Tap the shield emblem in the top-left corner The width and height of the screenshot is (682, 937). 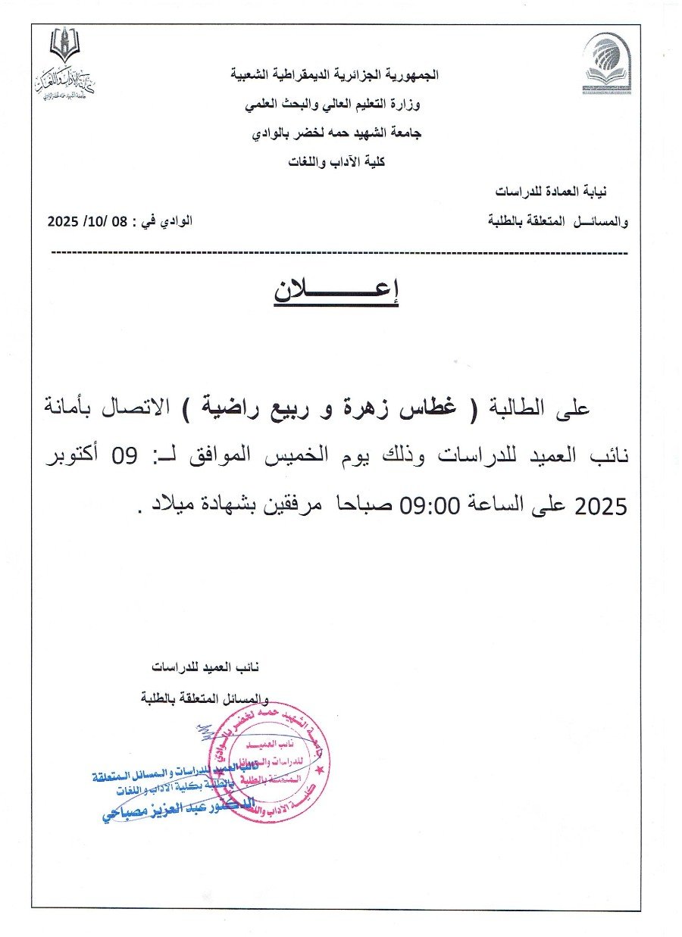64,45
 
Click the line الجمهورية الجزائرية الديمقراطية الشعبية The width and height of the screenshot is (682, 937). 334,76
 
